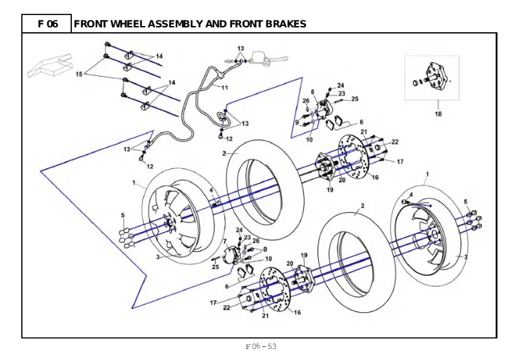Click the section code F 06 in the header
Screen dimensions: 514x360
(x=48, y=24)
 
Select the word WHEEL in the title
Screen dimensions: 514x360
(x=128, y=24)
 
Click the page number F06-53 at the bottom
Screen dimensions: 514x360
(x=261, y=346)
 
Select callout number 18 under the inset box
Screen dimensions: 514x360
(x=438, y=114)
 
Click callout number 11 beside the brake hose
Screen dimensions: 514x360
(x=224, y=88)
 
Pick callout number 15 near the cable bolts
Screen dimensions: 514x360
(x=79, y=74)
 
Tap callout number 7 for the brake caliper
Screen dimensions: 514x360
(x=225, y=242)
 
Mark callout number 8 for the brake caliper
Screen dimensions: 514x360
(x=312, y=92)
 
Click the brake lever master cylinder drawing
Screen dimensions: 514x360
(x=269, y=60)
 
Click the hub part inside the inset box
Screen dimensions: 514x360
(x=437, y=77)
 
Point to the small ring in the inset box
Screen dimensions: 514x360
(x=417, y=82)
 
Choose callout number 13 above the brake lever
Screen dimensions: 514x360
(x=241, y=49)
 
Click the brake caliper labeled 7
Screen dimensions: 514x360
(x=232, y=255)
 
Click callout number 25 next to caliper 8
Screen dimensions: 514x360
(x=355, y=99)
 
